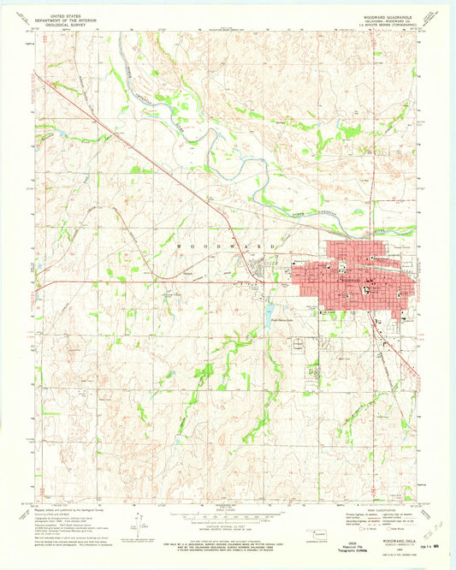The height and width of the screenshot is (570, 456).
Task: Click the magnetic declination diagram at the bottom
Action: pyautogui.click(x=138, y=524)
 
